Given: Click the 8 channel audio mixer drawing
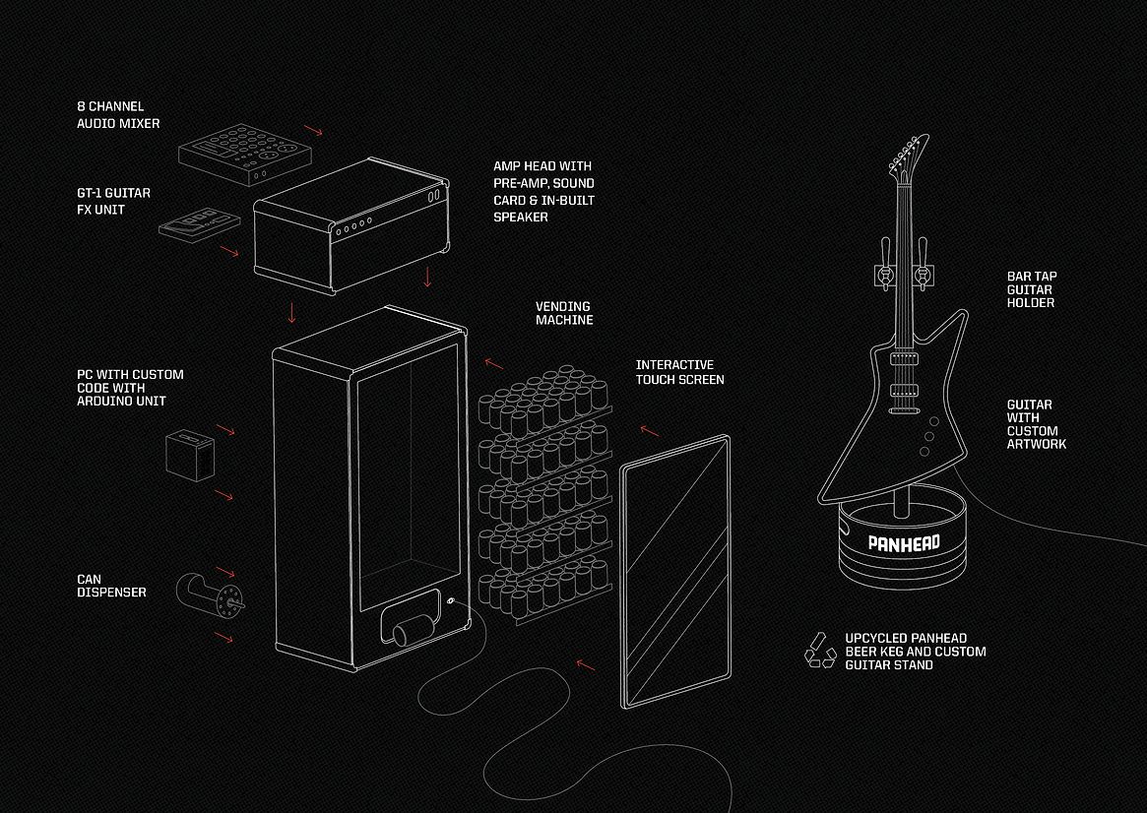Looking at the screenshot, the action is coord(245,154).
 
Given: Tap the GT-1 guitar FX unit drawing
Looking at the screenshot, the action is coord(200,223).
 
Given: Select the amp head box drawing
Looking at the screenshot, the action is coord(351,224).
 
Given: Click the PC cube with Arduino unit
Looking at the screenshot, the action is coord(190,455).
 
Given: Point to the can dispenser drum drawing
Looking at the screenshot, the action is coord(210,594).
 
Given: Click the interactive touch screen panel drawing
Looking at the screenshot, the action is coord(675,572).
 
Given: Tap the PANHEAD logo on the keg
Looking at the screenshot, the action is coord(904,542).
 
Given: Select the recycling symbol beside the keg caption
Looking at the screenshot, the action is coord(820,650).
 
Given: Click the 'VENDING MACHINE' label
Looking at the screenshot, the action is coord(564,313).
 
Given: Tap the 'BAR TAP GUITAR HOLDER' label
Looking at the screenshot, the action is coord(1032,289).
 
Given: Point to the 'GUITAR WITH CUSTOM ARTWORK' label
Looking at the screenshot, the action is coord(1036,424).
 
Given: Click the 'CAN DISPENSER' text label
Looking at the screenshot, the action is coord(111,586).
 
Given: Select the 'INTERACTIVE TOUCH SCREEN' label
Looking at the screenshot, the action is coord(679,372).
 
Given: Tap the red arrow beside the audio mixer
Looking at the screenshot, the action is coord(314,130).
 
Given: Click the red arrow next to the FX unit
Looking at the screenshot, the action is coord(229,251).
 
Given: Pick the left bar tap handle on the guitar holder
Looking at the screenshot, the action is coord(886,263).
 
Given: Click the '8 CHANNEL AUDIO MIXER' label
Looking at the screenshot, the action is coord(118,115).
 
